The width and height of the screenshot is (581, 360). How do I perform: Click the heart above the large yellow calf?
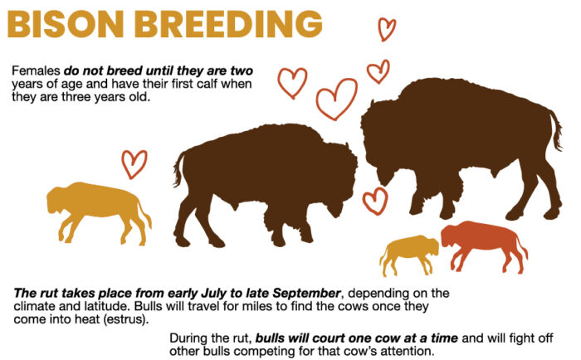pyautogui.click(x=134, y=163)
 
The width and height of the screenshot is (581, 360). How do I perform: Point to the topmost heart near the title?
pyautogui.click(x=387, y=28)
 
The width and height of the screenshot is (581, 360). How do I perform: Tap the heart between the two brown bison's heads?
pyautogui.click(x=375, y=200)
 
